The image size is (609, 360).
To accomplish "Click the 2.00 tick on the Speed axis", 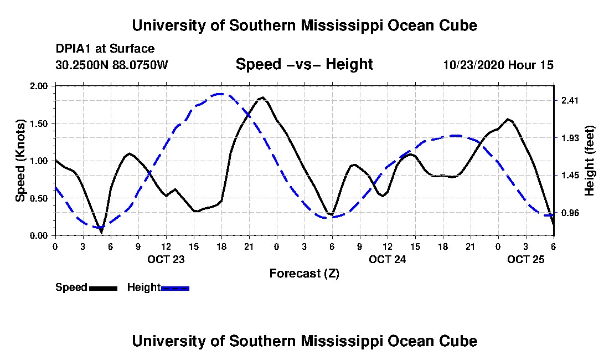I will click(40, 86).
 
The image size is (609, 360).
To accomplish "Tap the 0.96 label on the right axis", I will click(570, 213).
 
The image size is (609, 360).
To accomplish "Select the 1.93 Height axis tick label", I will click(570, 138).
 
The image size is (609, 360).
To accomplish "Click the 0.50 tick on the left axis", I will click(40, 198).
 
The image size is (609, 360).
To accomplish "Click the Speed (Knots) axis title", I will click(20, 161).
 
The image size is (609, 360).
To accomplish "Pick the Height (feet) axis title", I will click(589, 161).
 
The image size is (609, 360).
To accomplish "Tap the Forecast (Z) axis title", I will click(304, 273).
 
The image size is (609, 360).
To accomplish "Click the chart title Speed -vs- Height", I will click(304, 64).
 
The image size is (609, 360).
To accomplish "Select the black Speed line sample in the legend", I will click(102, 288).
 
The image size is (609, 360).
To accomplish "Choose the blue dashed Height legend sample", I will click(175, 288).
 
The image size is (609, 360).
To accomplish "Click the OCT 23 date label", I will click(166, 259).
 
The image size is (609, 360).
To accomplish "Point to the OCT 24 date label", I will click(387, 259).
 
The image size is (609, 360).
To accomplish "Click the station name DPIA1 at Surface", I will click(105, 49).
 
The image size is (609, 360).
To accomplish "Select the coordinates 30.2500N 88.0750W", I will click(111, 65).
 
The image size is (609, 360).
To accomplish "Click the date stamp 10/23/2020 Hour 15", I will click(498, 65).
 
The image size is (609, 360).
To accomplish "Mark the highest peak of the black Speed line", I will click(262, 97).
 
